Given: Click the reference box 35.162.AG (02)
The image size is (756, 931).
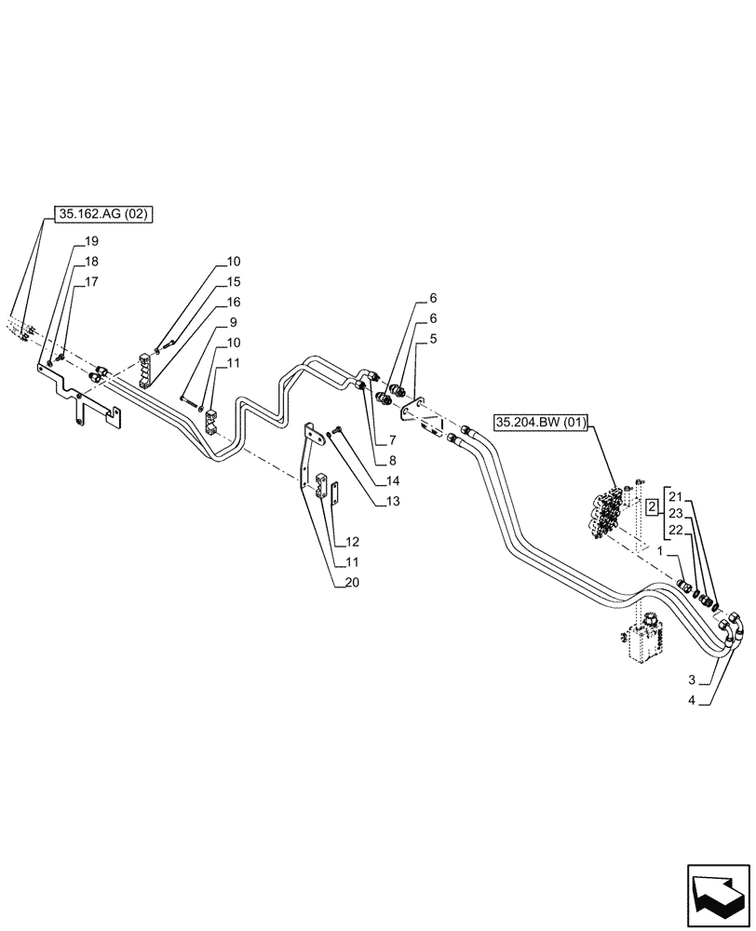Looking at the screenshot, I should (103, 214).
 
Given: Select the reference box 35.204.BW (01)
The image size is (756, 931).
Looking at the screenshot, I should (541, 423).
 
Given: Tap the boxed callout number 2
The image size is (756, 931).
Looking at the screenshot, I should (653, 506).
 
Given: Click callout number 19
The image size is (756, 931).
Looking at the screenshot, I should (92, 241).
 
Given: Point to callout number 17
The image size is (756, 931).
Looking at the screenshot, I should (92, 281).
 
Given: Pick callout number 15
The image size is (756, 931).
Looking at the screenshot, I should (232, 282).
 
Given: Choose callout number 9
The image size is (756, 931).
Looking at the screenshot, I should (228, 323).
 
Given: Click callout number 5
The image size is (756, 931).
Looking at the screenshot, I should (434, 342).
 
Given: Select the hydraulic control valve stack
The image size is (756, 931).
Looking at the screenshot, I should (603, 512).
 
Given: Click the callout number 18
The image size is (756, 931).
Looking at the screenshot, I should (92, 262).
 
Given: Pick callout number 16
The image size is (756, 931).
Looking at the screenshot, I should (232, 303).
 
